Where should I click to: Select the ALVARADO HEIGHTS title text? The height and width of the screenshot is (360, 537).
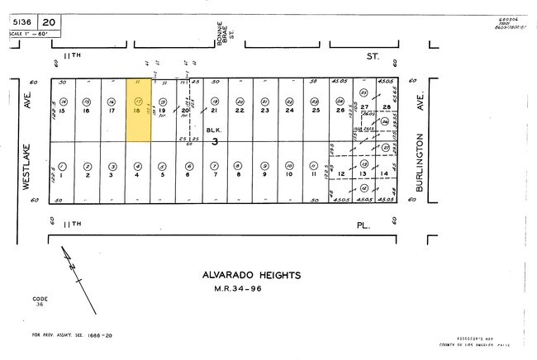point(251,275)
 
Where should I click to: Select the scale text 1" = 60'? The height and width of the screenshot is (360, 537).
point(30,34)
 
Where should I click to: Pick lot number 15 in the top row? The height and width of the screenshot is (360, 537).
point(61,110)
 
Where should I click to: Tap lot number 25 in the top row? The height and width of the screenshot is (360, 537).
point(315,110)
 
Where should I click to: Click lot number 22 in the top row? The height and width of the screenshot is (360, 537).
point(240,110)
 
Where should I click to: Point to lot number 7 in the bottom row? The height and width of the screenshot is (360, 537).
point(214,175)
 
